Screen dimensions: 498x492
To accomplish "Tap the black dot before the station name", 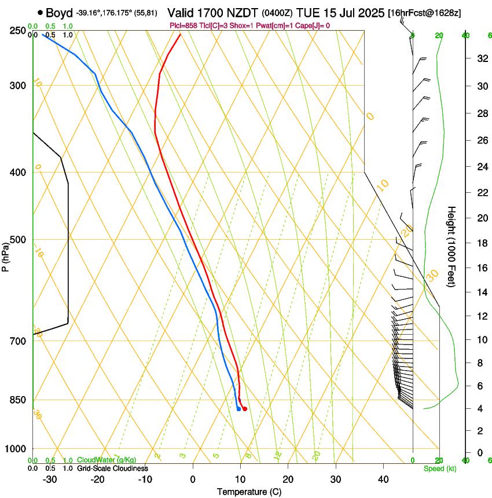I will tap(40, 12).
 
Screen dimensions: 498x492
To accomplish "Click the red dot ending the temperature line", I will tap(245, 409).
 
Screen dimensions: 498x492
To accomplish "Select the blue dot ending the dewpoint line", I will tap(238, 409).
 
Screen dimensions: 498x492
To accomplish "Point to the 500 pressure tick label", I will tap(17, 240).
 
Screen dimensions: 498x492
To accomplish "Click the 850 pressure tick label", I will tap(17, 400).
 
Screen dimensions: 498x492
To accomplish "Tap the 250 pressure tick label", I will tap(17, 30).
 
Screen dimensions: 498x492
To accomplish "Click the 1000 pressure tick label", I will tap(16, 448).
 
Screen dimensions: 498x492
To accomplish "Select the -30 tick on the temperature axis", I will tap(50, 479).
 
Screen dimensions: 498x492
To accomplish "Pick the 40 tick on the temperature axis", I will tap(383, 479).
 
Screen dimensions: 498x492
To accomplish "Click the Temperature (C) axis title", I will tap(249, 492).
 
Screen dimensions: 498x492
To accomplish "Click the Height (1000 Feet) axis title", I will tap(452, 247).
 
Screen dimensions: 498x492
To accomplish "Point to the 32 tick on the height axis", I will tap(481, 58).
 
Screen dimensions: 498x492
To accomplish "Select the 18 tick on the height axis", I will tap(481, 243).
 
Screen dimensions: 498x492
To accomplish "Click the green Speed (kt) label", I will tap(440, 468).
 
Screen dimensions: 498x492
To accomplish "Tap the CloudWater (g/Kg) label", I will tap(107, 460).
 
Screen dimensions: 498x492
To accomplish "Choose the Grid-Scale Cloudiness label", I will tap(112, 468).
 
